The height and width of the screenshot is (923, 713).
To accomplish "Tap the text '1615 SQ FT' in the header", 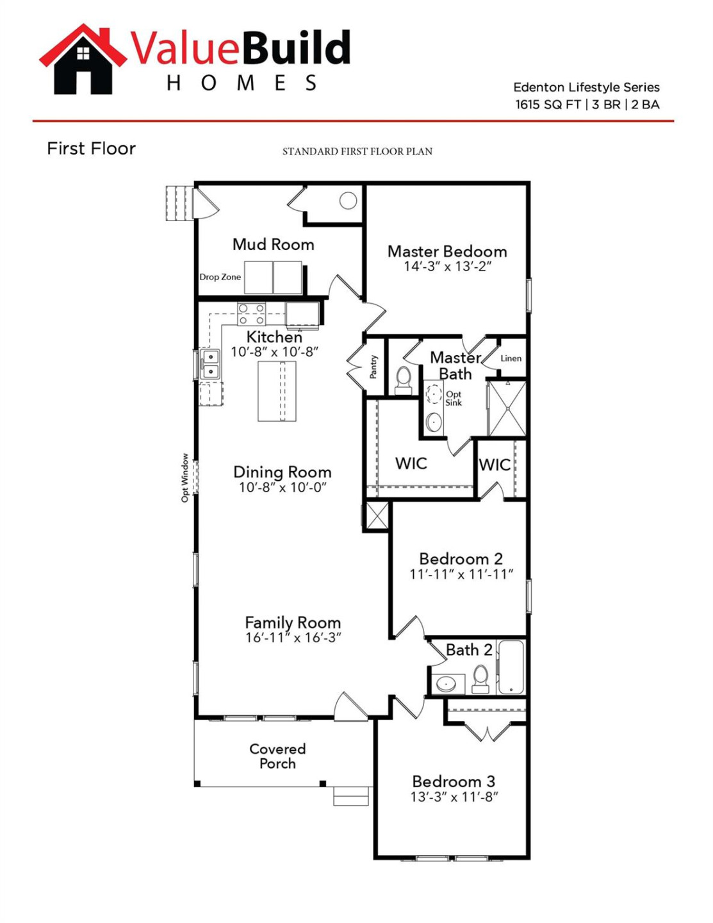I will [x=548, y=104].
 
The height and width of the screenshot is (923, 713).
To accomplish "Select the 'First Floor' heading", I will [x=91, y=149].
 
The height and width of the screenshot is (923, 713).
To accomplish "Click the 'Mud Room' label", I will [x=273, y=244].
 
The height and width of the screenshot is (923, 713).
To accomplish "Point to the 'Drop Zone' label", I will [x=220, y=277].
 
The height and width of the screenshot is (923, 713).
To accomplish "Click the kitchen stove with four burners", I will [x=252, y=314].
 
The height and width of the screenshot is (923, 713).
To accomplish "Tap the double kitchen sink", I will [x=209, y=364].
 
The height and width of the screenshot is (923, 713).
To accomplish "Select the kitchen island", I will [x=277, y=391].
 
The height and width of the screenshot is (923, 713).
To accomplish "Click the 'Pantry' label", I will [x=373, y=367].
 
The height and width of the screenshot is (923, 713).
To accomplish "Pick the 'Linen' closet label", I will [x=511, y=358].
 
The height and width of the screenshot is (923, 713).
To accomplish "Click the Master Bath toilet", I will [x=403, y=379].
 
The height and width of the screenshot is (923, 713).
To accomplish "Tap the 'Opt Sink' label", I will [x=454, y=398].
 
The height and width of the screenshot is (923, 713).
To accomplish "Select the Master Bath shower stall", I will [x=507, y=408].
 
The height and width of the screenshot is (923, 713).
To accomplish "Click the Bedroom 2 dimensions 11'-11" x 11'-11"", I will [x=461, y=574].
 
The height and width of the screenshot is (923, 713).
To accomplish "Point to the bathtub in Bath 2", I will [x=511, y=667].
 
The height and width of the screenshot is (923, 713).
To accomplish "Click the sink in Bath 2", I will [x=447, y=684].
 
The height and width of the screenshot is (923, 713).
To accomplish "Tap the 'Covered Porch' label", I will [x=277, y=756].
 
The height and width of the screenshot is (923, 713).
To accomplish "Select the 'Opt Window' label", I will [x=184, y=478].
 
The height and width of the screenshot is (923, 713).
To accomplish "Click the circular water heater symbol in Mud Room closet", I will [x=348, y=201].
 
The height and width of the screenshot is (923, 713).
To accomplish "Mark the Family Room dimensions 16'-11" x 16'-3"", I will [x=293, y=638].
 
